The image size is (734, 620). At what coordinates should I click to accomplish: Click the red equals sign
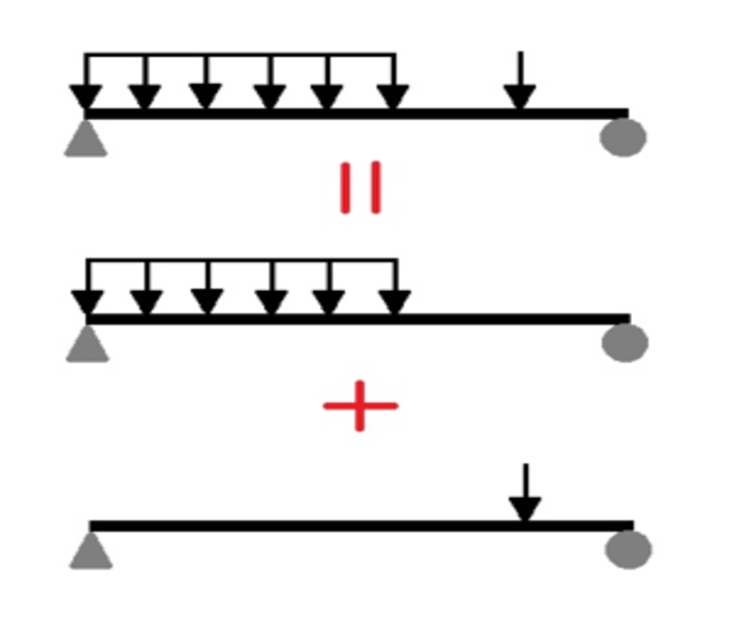click(x=362, y=188)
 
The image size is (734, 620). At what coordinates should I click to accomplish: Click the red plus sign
click(x=360, y=405)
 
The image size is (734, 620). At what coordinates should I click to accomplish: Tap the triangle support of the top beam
click(x=86, y=139)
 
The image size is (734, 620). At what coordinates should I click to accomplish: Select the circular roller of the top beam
click(x=624, y=137)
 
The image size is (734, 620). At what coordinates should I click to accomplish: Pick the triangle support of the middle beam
click(x=88, y=344)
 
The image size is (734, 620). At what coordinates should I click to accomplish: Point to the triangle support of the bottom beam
click(x=90, y=551)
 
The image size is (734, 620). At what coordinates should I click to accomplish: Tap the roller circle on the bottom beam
click(x=628, y=550)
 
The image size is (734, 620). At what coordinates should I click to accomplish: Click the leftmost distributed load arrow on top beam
click(x=85, y=86)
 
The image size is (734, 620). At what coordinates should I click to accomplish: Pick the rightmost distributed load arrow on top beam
click(x=393, y=86)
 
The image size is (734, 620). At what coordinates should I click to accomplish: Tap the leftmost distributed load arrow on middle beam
click(x=87, y=291)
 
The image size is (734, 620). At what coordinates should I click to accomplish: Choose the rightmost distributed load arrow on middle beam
click(x=394, y=291)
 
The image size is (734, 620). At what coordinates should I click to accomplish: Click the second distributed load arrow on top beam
click(x=145, y=86)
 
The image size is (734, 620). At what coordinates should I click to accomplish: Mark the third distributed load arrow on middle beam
click(x=207, y=291)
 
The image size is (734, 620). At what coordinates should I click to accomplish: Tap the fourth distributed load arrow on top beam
click(x=268, y=86)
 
